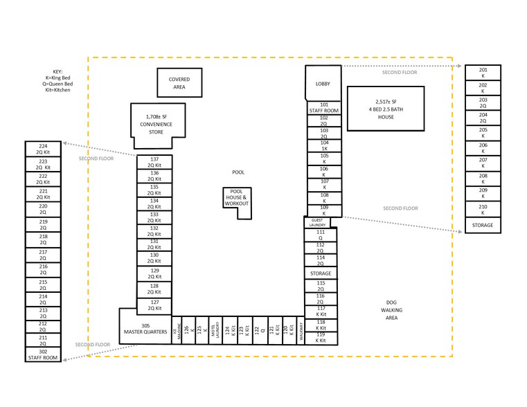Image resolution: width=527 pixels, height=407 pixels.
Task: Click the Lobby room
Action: pos(323,84)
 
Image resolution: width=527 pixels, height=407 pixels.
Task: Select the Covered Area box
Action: pos(179,83)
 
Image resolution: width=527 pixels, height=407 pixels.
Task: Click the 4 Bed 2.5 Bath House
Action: pos(386,109)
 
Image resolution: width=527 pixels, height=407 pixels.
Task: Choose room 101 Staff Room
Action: pos(323,108)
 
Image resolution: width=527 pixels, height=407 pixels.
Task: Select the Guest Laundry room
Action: pos(317,222)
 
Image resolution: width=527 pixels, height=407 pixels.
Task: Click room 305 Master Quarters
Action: pos(145,329)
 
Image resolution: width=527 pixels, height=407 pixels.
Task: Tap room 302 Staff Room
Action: pos(43,354)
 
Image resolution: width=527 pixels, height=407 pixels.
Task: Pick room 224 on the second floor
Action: pos(43,149)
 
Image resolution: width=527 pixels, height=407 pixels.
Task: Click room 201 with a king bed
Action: pos(483,73)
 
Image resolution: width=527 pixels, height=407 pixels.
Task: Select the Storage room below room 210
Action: pos(483,225)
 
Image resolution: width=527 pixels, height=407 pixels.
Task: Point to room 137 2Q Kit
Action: pos(154,163)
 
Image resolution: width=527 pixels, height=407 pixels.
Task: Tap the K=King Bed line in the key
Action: pos(57,78)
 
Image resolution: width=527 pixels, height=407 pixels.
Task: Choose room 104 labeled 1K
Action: pos(323,145)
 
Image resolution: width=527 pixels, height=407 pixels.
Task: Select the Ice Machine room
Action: pos(175,330)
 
